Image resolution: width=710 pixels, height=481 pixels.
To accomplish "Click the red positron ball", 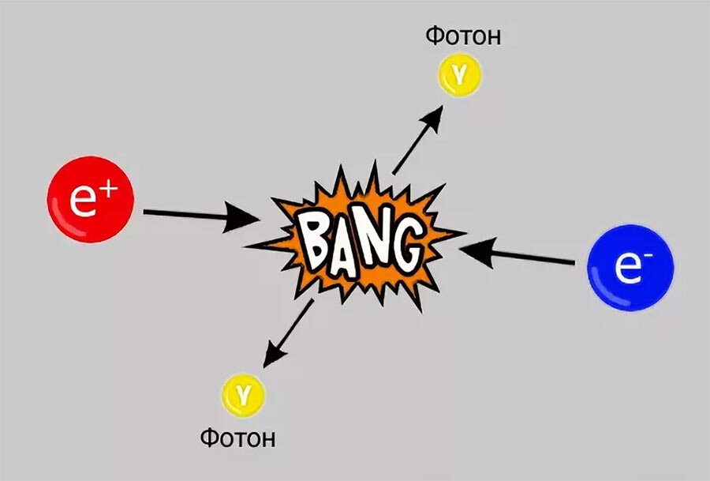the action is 90,199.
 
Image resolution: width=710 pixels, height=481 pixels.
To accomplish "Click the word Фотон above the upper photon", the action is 464,36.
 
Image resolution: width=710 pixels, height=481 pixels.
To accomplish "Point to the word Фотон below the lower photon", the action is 237,438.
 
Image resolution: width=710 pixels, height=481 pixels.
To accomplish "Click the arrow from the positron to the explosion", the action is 197,215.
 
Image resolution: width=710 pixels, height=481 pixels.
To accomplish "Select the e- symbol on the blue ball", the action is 629,268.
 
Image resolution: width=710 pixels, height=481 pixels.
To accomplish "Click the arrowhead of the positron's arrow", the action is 245,217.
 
